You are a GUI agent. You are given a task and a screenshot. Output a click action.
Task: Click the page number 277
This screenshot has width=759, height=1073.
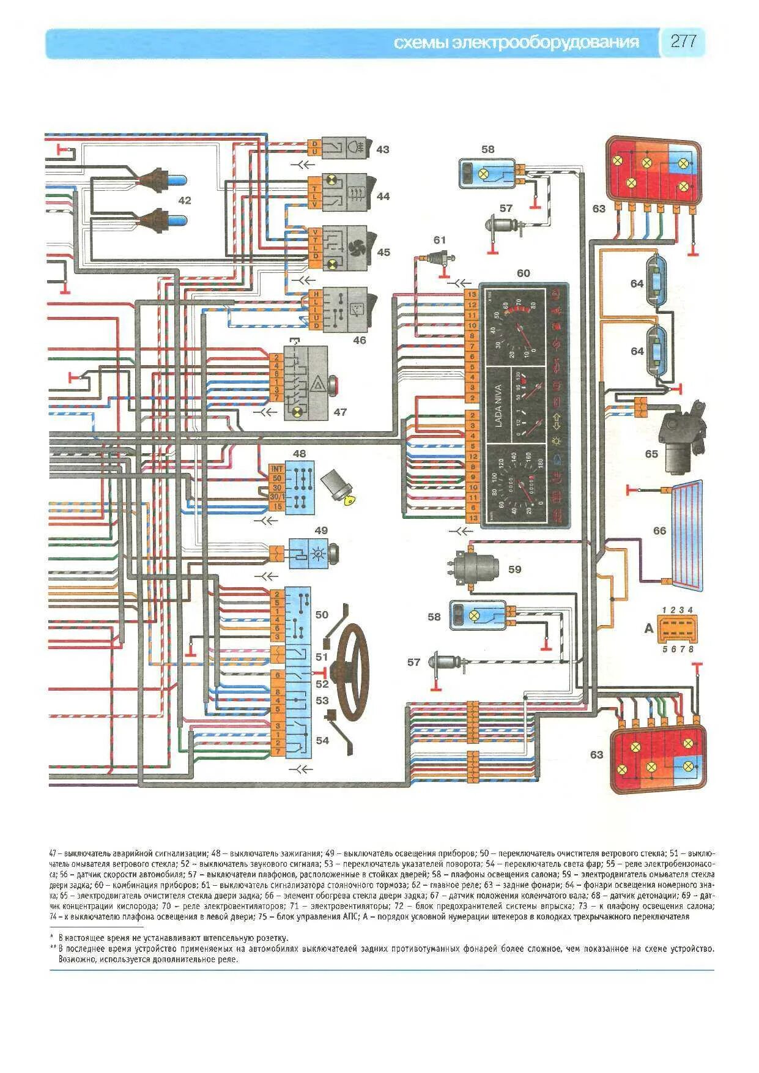[683, 42]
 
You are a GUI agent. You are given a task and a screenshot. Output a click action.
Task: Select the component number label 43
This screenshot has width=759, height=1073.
[382, 149]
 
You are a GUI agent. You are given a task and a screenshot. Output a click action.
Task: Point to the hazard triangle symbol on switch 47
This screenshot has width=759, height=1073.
[319, 386]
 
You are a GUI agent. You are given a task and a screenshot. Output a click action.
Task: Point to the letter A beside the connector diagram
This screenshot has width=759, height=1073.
[648, 628]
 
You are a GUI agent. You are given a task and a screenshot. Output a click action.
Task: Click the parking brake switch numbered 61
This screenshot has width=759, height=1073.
[439, 258]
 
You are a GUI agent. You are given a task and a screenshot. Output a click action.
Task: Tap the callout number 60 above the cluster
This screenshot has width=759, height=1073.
[523, 273]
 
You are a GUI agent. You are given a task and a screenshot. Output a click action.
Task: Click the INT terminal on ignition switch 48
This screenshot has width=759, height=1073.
[276, 469]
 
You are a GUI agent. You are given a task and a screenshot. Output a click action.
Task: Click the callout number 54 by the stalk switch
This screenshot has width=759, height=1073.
[322, 740]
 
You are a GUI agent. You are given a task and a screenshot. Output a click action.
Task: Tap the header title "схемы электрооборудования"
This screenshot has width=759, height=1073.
[516, 42]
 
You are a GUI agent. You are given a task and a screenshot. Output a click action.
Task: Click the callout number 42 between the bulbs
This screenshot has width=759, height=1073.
[184, 201]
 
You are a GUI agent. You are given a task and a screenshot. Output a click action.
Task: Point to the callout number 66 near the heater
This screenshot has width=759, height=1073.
[659, 530]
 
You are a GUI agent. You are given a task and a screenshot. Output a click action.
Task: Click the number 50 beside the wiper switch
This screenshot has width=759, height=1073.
[322, 614]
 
